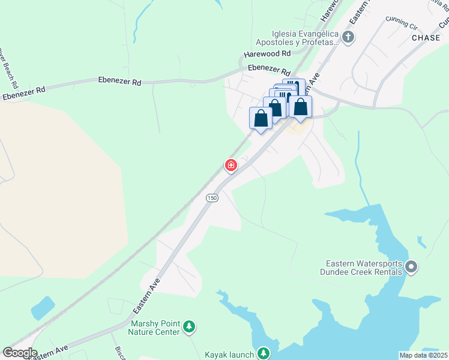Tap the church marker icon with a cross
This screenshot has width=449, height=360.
click(348, 38)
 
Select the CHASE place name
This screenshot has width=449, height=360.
click(426, 38)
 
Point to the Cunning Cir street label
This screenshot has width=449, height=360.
click(402, 23)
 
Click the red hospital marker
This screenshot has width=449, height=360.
click(231, 165)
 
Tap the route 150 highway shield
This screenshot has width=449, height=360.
click(211, 198)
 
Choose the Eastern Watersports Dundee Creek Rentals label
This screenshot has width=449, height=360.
click(363, 267)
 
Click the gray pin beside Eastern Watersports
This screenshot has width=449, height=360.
click(411, 266)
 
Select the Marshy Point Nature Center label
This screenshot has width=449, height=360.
click(155, 328)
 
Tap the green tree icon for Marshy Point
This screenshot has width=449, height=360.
click(190, 327)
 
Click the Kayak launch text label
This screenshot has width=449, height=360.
click(229, 353)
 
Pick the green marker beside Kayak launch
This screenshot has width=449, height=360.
click(263, 353)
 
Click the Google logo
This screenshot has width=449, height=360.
click(19, 353)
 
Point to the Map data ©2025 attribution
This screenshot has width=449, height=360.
click(423, 355)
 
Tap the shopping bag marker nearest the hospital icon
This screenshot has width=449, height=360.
click(261, 118)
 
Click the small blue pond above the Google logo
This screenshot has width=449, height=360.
click(42, 308)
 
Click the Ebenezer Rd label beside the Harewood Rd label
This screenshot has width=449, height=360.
click(268, 68)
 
